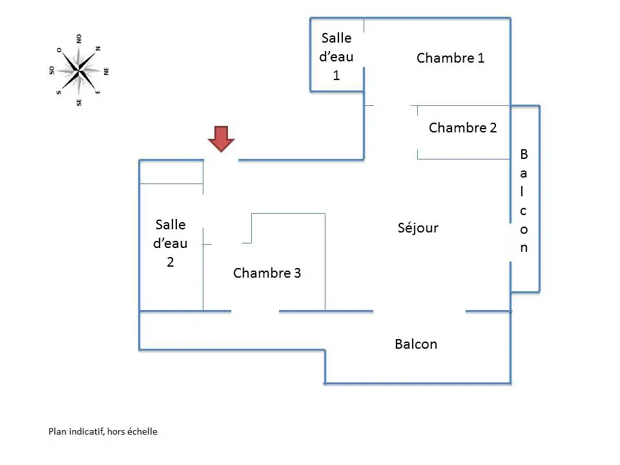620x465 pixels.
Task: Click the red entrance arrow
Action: point(222,139)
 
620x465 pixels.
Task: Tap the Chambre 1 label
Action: point(450,58)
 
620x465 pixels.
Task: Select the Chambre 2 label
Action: point(462,128)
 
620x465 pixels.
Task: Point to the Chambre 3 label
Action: point(267,273)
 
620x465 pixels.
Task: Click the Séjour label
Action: point(418,227)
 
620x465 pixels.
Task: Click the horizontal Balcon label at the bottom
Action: point(416,344)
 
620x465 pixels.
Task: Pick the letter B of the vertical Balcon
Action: point(524,154)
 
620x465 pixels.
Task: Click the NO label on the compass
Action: point(79,39)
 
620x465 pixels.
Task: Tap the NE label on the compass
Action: point(106,71)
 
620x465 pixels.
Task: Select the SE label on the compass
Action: point(79,103)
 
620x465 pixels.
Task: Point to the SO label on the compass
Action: point(52,70)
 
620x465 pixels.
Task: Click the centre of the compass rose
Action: point(79,71)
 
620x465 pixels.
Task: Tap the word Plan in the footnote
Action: point(57,431)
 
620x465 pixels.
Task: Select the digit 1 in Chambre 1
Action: point(480,58)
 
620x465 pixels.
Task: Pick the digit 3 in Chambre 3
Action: point(297,273)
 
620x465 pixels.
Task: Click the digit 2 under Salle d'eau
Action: point(170,262)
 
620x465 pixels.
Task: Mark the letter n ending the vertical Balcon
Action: point(524,248)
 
